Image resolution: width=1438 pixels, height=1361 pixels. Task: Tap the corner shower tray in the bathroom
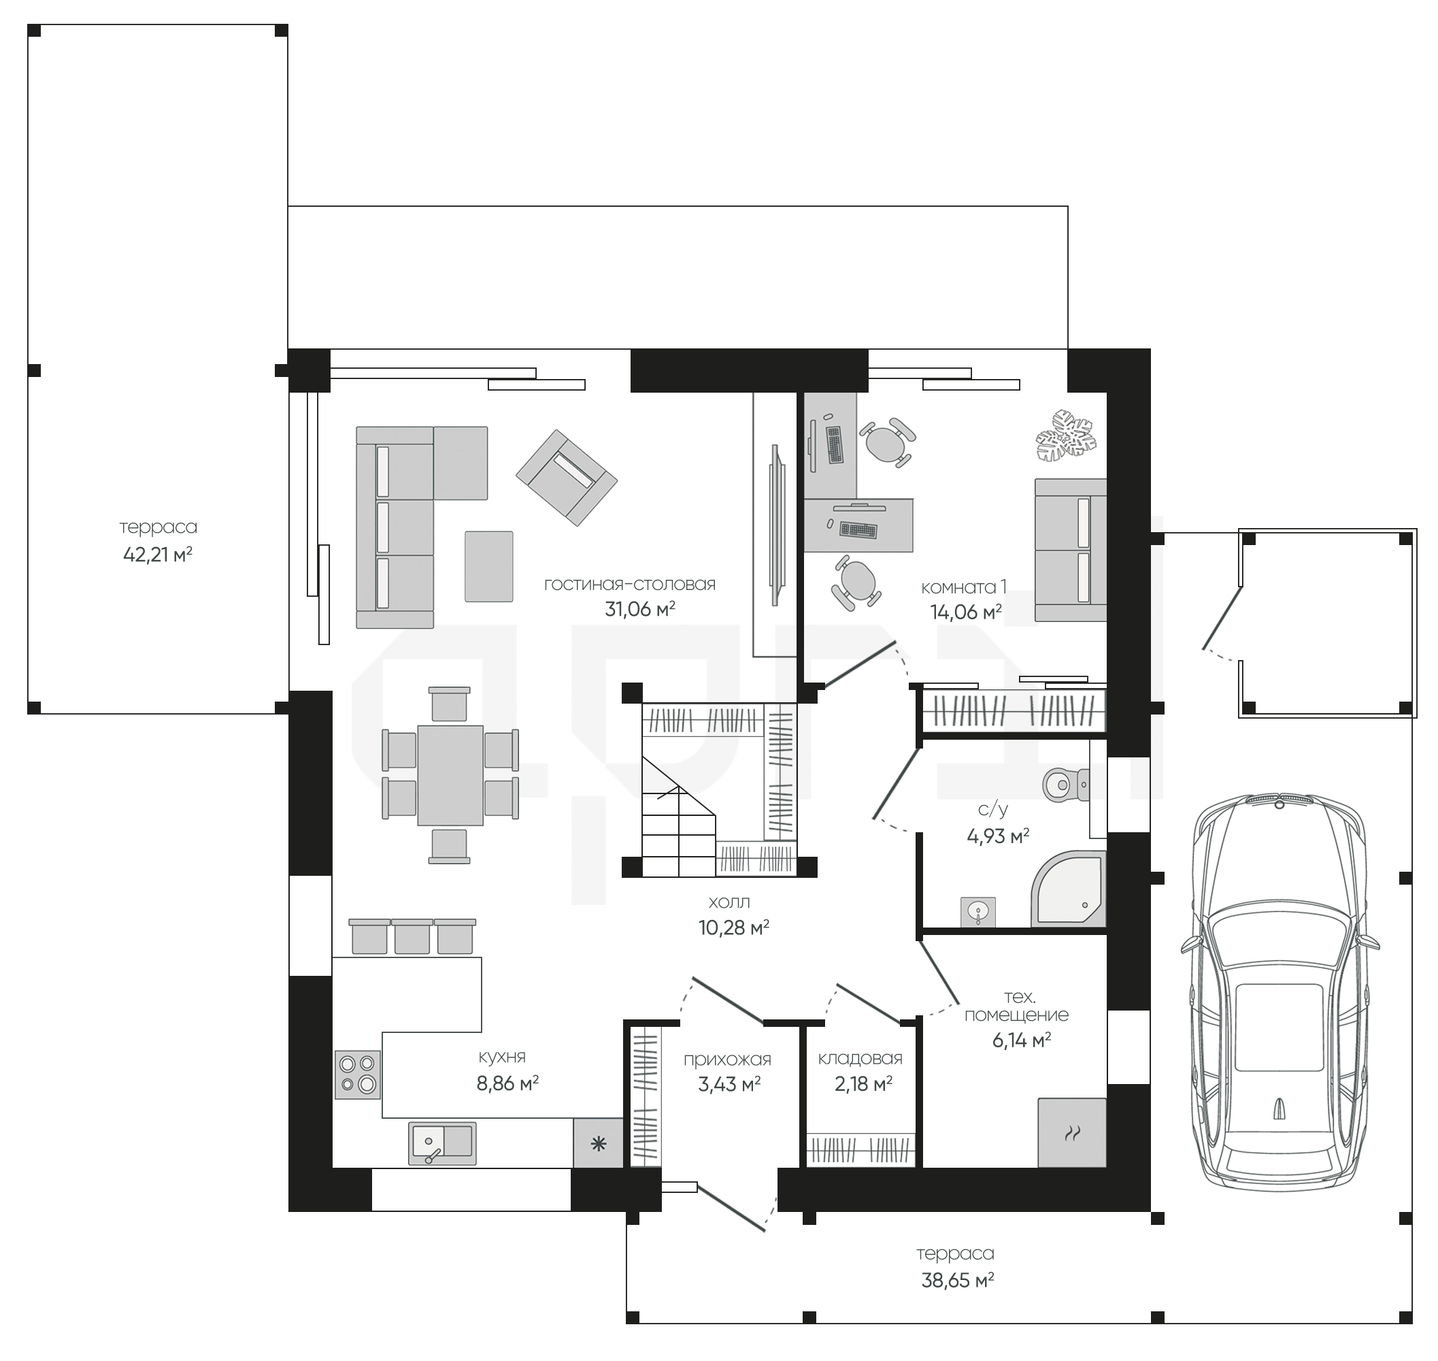click(1069, 889)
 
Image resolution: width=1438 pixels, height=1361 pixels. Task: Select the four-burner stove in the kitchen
click(358, 1075)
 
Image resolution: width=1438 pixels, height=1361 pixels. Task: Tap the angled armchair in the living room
click(567, 476)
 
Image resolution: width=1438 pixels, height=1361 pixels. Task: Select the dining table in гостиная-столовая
click(450, 775)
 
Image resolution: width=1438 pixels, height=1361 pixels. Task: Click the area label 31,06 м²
click(640, 610)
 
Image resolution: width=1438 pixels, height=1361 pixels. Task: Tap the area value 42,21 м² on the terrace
click(157, 555)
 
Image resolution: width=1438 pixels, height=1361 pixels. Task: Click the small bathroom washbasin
click(978, 911)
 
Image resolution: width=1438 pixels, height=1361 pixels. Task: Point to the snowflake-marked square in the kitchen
click(599, 1145)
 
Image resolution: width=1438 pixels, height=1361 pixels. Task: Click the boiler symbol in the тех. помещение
click(1072, 1133)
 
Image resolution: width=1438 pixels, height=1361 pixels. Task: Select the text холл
click(729, 902)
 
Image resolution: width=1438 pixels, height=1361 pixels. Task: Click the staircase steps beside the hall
click(679, 817)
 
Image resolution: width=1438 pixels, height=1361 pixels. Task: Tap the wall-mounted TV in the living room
click(777, 525)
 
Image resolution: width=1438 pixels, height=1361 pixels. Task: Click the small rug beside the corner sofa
click(489, 567)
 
